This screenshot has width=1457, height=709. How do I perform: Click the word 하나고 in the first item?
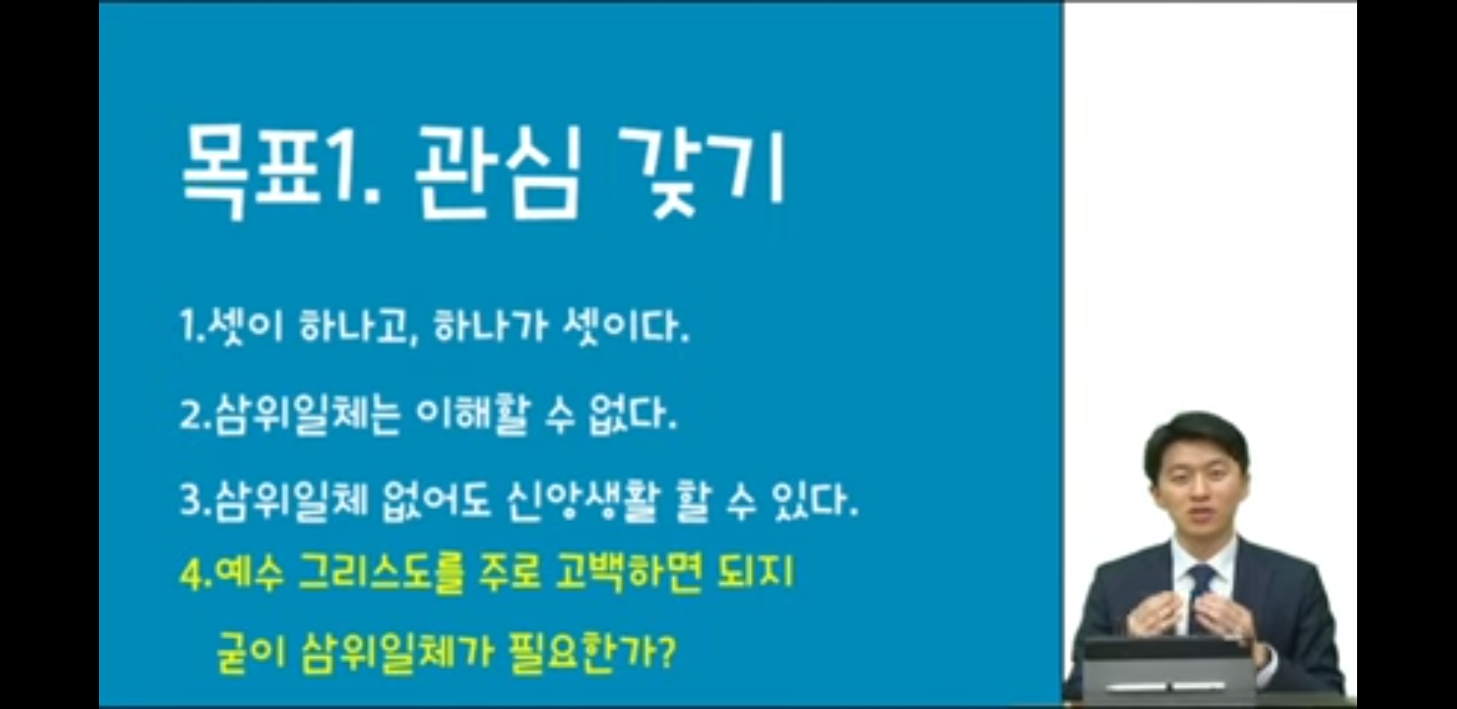[x=358, y=326]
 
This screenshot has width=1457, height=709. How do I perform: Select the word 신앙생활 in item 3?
[x=581, y=502]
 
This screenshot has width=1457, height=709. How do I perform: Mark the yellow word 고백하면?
[x=628, y=573]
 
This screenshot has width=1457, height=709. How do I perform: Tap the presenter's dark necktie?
[x=1200, y=591]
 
